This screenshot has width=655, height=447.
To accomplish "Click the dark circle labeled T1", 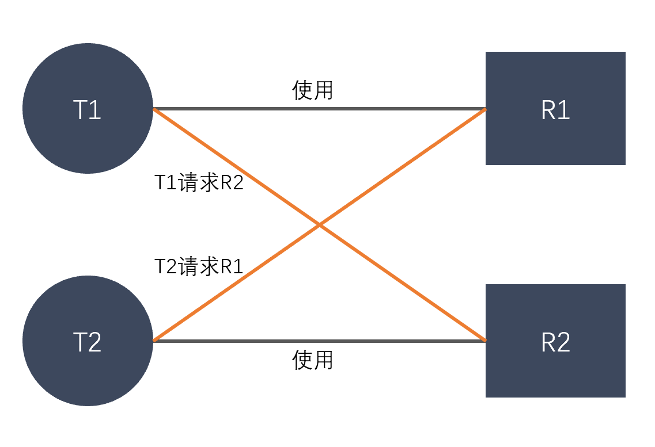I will pyautogui.click(x=88, y=109).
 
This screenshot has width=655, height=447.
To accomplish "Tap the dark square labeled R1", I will pyautogui.click(x=555, y=109).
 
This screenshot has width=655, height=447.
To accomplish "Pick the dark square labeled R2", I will pyautogui.click(x=555, y=341).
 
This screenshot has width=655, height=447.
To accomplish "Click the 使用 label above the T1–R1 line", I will pyautogui.click(x=313, y=90).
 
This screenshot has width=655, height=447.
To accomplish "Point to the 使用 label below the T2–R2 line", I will pyautogui.click(x=313, y=360).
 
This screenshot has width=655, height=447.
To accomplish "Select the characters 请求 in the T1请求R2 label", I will pyautogui.click(x=199, y=184).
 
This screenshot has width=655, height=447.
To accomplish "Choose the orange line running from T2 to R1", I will pyautogui.click(x=403, y=167).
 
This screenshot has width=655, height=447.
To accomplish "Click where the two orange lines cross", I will pyautogui.click(x=320, y=225).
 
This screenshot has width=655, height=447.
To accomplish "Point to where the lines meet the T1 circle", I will pyautogui.click(x=153, y=109).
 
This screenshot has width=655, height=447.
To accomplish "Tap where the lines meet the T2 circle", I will pyautogui.click(x=153, y=341).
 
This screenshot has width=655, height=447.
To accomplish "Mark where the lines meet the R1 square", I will pyautogui.click(x=485, y=109).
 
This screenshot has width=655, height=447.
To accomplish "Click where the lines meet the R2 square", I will pyautogui.click(x=485, y=341).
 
